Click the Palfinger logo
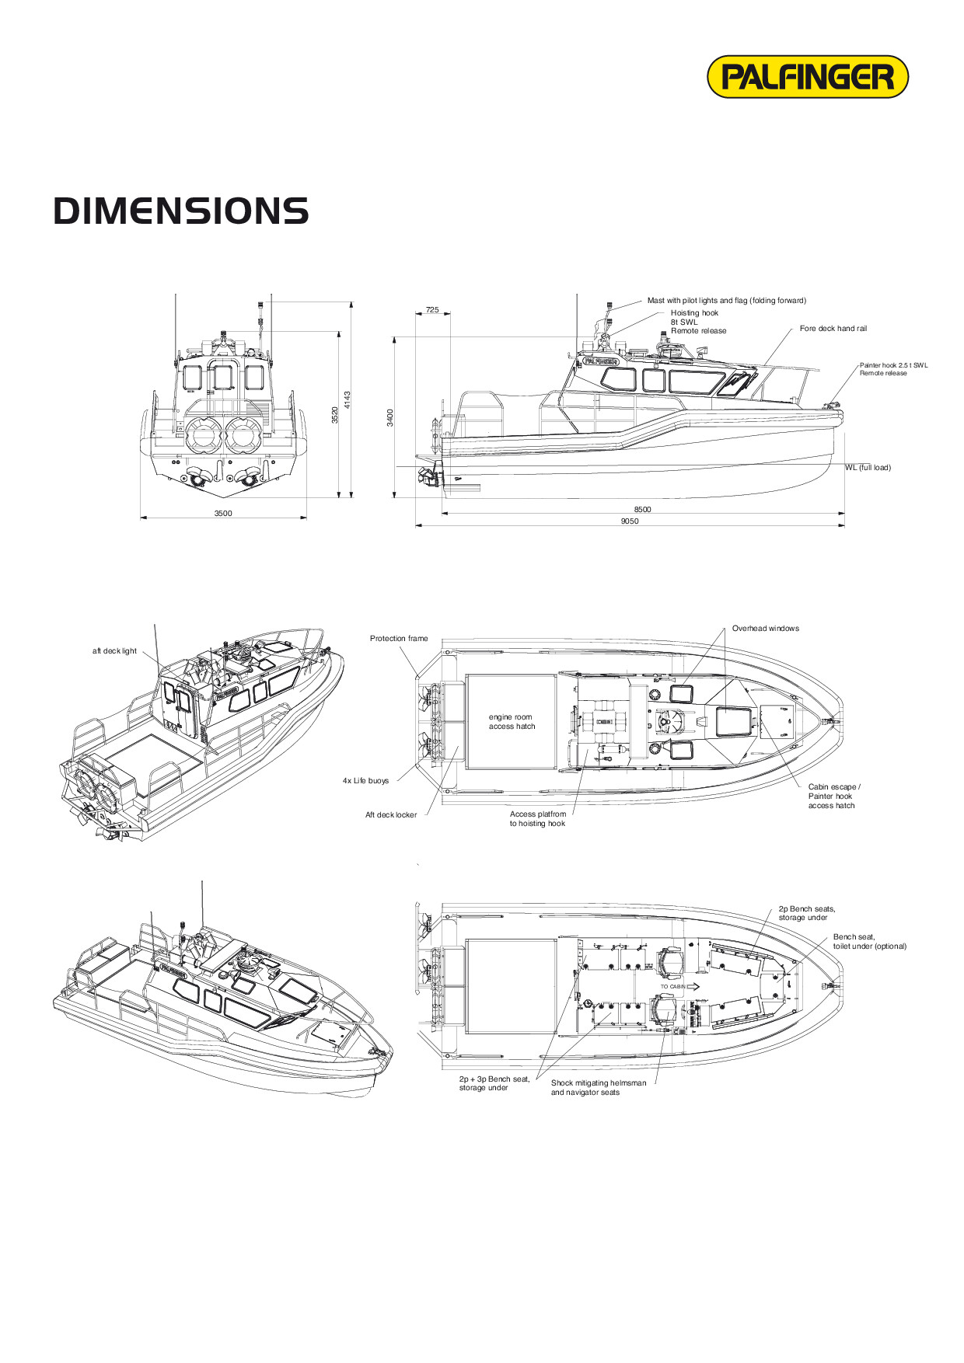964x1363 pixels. coord(807,77)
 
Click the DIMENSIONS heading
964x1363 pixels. coord(181,211)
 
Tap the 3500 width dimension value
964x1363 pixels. coord(223,513)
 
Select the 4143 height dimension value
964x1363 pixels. coord(348,400)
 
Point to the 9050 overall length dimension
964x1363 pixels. coord(630,521)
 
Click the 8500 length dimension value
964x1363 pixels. coord(642,510)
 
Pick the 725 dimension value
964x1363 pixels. coord(432,310)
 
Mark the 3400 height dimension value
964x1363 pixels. coord(390,417)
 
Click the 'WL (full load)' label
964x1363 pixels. coord(868,468)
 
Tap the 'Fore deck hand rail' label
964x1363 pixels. coord(833,329)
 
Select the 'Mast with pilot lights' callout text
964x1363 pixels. coord(726,301)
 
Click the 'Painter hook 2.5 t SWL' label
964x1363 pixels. coord(893,365)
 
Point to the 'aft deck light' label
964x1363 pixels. coord(114,651)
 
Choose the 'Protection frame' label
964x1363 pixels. coord(399,639)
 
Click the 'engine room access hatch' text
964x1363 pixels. coord(512,722)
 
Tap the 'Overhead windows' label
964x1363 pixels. coord(765,629)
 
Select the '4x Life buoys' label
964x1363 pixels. coord(365,781)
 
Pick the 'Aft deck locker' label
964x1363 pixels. coord(391,815)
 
